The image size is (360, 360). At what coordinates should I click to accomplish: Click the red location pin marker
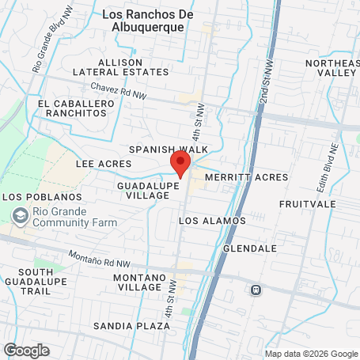pos(180,165)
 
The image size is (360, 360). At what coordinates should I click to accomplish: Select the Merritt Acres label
pos(238,178)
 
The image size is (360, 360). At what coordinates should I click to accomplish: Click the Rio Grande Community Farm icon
pos(19,214)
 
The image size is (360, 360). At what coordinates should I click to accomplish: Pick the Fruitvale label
pos(308,204)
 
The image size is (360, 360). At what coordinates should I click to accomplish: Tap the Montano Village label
pos(138,282)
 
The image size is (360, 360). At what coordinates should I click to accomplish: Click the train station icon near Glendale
pos(256,290)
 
